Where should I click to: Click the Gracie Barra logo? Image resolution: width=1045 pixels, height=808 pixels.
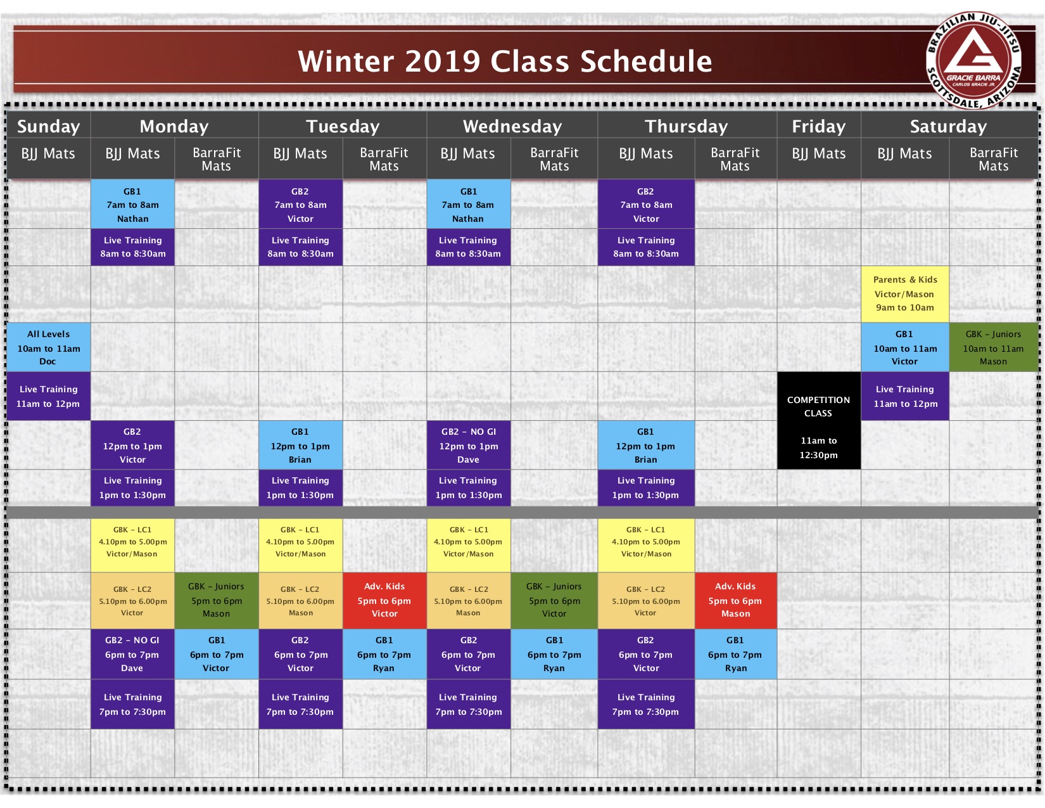tap(973, 60)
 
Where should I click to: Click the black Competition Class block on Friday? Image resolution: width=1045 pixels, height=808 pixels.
tap(818, 420)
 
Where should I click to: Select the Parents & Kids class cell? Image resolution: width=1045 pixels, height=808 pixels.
tap(904, 294)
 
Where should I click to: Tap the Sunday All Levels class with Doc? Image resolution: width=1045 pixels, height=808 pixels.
tap(48, 347)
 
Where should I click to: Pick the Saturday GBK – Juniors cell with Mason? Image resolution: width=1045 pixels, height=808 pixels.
tap(993, 347)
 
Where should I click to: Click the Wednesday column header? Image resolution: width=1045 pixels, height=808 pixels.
tap(512, 125)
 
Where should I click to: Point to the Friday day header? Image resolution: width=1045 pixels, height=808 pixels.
tap(818, 125)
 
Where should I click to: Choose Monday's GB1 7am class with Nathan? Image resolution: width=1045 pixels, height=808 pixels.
tap(132, 204)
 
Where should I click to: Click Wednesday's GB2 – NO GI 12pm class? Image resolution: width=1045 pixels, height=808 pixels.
tap(469, 445)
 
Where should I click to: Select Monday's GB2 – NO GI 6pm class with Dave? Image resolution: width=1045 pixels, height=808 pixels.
tap(132, 654)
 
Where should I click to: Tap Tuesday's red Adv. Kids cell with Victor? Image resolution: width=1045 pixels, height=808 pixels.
tap(384, 600)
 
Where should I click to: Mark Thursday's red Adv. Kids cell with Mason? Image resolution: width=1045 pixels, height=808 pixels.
tap(736, 600)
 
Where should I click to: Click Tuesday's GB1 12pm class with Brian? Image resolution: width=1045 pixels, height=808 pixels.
tap(301, 445)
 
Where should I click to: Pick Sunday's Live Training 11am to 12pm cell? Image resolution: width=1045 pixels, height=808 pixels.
tap(48, 396)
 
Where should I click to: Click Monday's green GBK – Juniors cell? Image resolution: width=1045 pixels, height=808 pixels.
tap(217, 600)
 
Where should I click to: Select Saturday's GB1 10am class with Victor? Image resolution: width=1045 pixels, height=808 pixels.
tap(904, 347)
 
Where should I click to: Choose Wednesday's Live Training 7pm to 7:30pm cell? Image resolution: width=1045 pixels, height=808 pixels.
tap(469, 704)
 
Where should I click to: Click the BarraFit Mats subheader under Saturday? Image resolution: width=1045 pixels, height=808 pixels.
tap(994, 159)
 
